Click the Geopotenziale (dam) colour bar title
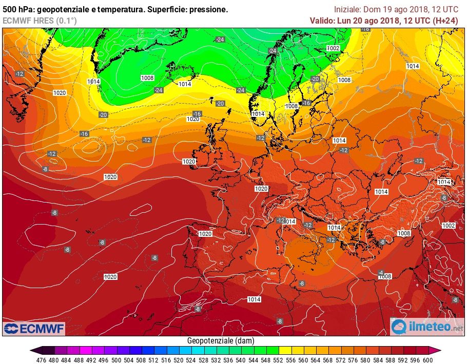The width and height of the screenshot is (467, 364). click(x=221, y=340)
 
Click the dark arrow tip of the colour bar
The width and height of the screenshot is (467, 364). click(x=33, y=351)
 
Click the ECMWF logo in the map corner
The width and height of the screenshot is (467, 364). click(x=34, y=328)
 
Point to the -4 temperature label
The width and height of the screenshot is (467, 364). click(x=381, y=272)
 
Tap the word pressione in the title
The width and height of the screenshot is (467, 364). click(x=208, y=10)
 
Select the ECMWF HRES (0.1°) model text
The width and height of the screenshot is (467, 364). click(x=40, y=21)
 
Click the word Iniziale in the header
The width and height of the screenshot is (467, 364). click(x=347, y=9)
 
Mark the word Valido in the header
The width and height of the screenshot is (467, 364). click(x=322, y=21)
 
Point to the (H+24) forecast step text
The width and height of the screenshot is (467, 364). click(x=445, y=21)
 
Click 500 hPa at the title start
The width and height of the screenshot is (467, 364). click(x=16, y=10)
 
